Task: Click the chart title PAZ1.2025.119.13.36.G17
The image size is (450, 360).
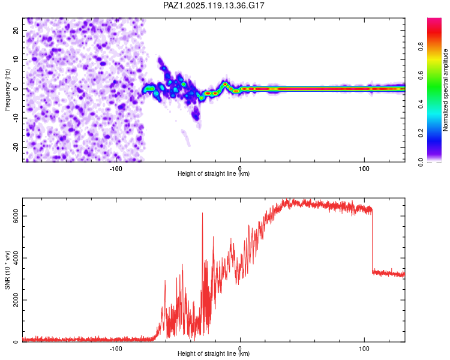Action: (x=214, y=5)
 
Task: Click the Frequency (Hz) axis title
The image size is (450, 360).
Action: (x=7, y=90)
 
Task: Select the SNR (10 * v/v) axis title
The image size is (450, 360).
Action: (x=7, y=270)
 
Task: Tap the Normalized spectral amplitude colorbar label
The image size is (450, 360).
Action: (x=445, y=90)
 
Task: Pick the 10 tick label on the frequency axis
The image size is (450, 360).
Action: (x=16, y=59)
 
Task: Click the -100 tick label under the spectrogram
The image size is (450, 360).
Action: (x=116, y=169)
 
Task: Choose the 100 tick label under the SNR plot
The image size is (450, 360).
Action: (x=364, y=349)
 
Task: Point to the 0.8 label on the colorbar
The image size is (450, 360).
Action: (x=421, y=47)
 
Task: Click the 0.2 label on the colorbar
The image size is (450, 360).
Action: (x=421, y=133)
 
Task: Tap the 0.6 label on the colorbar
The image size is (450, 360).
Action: (x=421, y=76)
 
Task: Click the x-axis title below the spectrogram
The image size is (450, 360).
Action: (x=214, y=173)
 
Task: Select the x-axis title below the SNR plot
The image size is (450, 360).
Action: (x=214, y=353)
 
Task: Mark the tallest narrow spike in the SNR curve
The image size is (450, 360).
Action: (x=202, y=214)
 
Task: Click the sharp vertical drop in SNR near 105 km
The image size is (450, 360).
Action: (x=372, y=241)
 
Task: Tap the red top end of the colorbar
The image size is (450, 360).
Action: (x=434, y=20)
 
